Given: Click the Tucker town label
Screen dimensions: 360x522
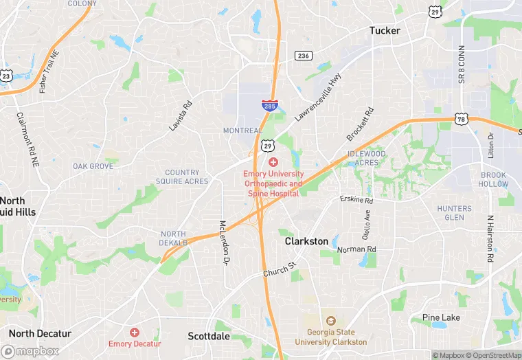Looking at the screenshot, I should click(385, 30).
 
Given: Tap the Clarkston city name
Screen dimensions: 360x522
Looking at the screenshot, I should click(306, 242).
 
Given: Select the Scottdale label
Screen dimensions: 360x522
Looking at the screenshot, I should click(209, 337).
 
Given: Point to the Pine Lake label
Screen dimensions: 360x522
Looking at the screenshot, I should click(441, 317).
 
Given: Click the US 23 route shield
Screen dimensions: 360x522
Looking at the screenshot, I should click(5, 76).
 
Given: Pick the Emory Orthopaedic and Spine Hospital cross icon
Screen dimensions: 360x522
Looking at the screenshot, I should click(273, 162).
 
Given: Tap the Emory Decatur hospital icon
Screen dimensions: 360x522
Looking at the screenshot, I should click(135, 332).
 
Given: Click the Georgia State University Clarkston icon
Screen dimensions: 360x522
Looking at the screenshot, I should click(330, 321).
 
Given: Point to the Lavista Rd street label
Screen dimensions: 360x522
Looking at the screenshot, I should click(181, 116).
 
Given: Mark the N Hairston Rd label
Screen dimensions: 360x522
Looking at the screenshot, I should click(490, 239).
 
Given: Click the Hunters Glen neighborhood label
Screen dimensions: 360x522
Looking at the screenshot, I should click(455, 213).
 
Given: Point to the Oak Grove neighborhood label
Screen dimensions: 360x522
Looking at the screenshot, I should click(93, 166).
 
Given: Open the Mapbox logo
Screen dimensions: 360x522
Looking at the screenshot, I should click(31, 351).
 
